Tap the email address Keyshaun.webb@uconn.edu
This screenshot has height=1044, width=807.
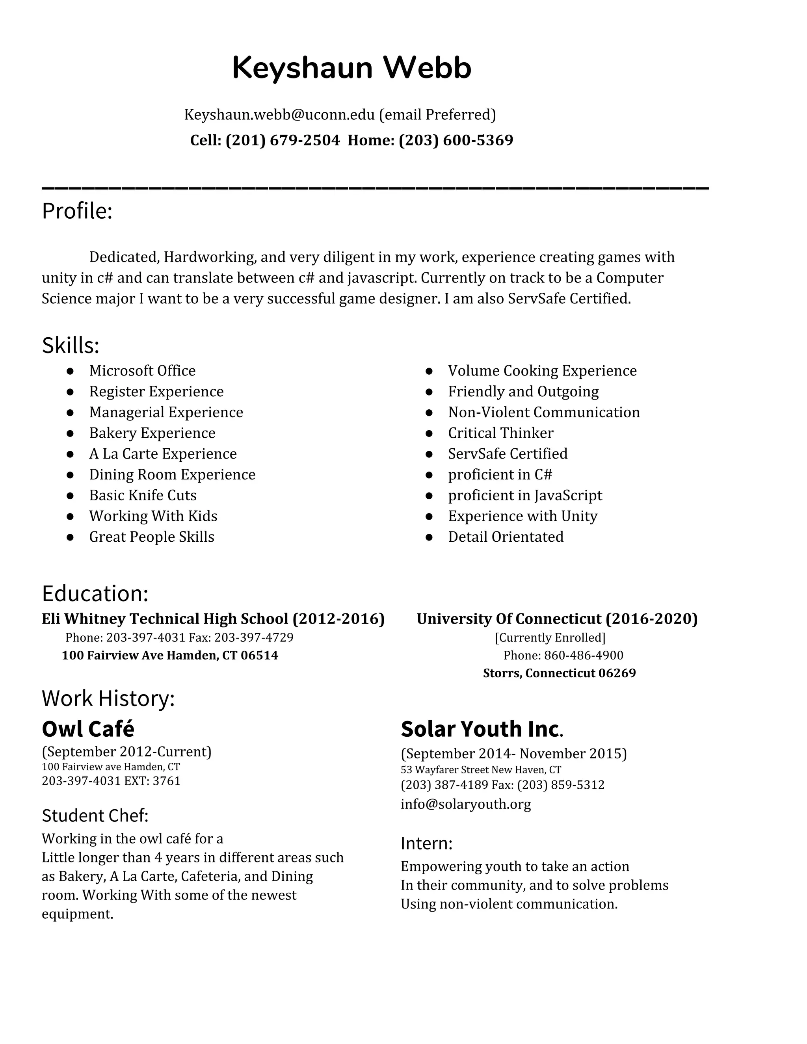pos(279,115)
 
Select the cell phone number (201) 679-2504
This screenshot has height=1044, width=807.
pos(283,140)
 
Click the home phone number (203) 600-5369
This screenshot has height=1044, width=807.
pos(456,140)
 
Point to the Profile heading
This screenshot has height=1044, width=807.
pos(77,211)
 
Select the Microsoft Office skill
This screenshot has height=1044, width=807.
pos(142,371)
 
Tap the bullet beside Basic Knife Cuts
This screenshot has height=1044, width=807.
pos(70,495)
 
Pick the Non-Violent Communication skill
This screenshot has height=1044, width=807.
pos(543,412)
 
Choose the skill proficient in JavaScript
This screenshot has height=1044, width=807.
pos(525,495)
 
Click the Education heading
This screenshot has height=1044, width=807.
pos(95,593)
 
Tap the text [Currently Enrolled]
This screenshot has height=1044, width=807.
pos(550,638)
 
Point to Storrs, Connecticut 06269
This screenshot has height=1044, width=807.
pos(560,673)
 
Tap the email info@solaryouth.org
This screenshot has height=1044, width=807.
pos(466,804)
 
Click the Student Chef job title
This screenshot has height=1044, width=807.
pos(95,816)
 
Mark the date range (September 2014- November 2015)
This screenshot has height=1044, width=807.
pos(513,754)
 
